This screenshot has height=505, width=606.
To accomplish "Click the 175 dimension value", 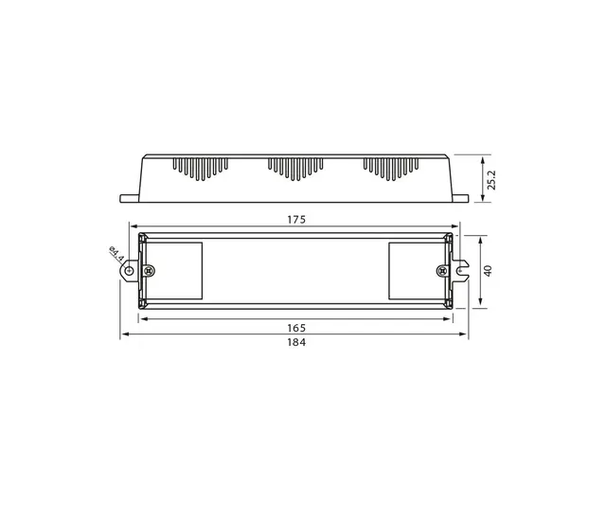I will [296, 220].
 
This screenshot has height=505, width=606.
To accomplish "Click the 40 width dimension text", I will [489, 270].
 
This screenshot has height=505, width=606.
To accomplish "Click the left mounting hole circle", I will [126, 271].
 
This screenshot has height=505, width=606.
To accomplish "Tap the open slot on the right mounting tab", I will [464, 271].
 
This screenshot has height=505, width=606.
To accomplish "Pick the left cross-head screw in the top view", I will [146, 271].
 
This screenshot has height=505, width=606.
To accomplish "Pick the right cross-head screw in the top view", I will [441, 271].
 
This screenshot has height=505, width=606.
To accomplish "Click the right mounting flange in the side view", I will [461, 197].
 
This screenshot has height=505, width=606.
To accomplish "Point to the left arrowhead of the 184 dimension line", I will [123, 335].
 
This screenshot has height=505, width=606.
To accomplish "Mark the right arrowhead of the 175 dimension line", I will [454, 227].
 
